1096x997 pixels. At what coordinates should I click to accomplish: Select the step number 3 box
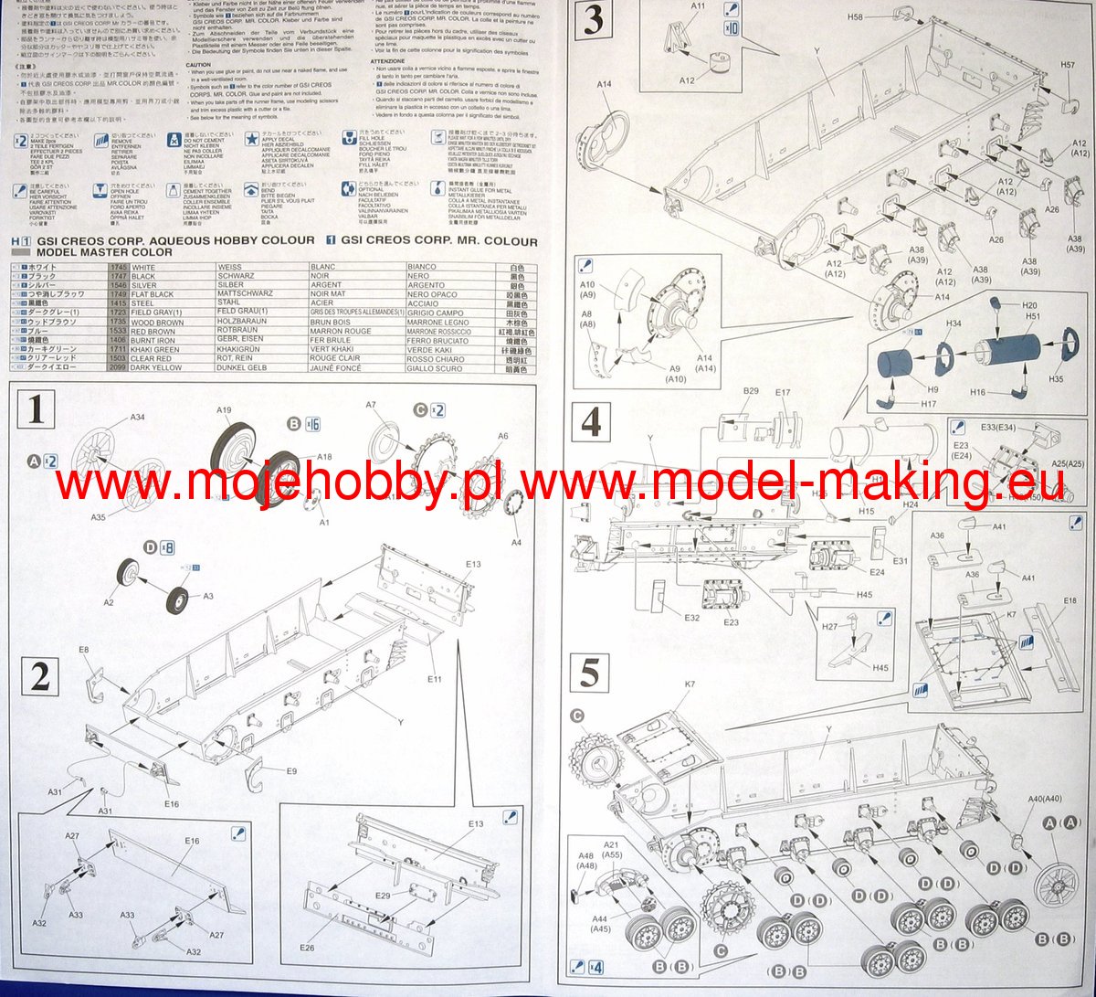tap(592, 20)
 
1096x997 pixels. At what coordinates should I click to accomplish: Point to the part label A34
tap(137, 418)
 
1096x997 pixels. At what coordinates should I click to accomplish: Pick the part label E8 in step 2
tap(83, 650)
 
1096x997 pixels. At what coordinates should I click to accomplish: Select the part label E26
tap(307, 948)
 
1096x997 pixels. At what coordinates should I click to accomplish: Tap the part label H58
tap(856, 17)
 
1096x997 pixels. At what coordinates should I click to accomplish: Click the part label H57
tap(1068, 65)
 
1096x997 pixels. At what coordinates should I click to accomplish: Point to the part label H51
tap(1033, 316)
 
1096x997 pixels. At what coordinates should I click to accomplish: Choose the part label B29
tap(750, 390)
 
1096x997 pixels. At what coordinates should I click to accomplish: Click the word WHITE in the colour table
tap(144, 268)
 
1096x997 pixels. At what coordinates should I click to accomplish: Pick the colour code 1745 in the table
tap(118, 268)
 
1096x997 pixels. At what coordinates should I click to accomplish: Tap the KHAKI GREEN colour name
tap(155, 349)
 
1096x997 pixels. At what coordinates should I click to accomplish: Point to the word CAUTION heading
tap(198, 66)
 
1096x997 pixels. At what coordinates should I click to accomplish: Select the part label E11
tap(434, 679)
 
